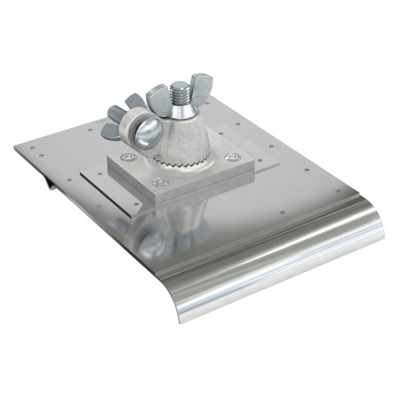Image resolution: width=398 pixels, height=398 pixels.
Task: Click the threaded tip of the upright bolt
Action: (x=181, y=90)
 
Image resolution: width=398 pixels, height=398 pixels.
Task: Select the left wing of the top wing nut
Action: (x=154, y=94)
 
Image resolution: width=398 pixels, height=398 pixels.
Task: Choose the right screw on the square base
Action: (x=230, y=159)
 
